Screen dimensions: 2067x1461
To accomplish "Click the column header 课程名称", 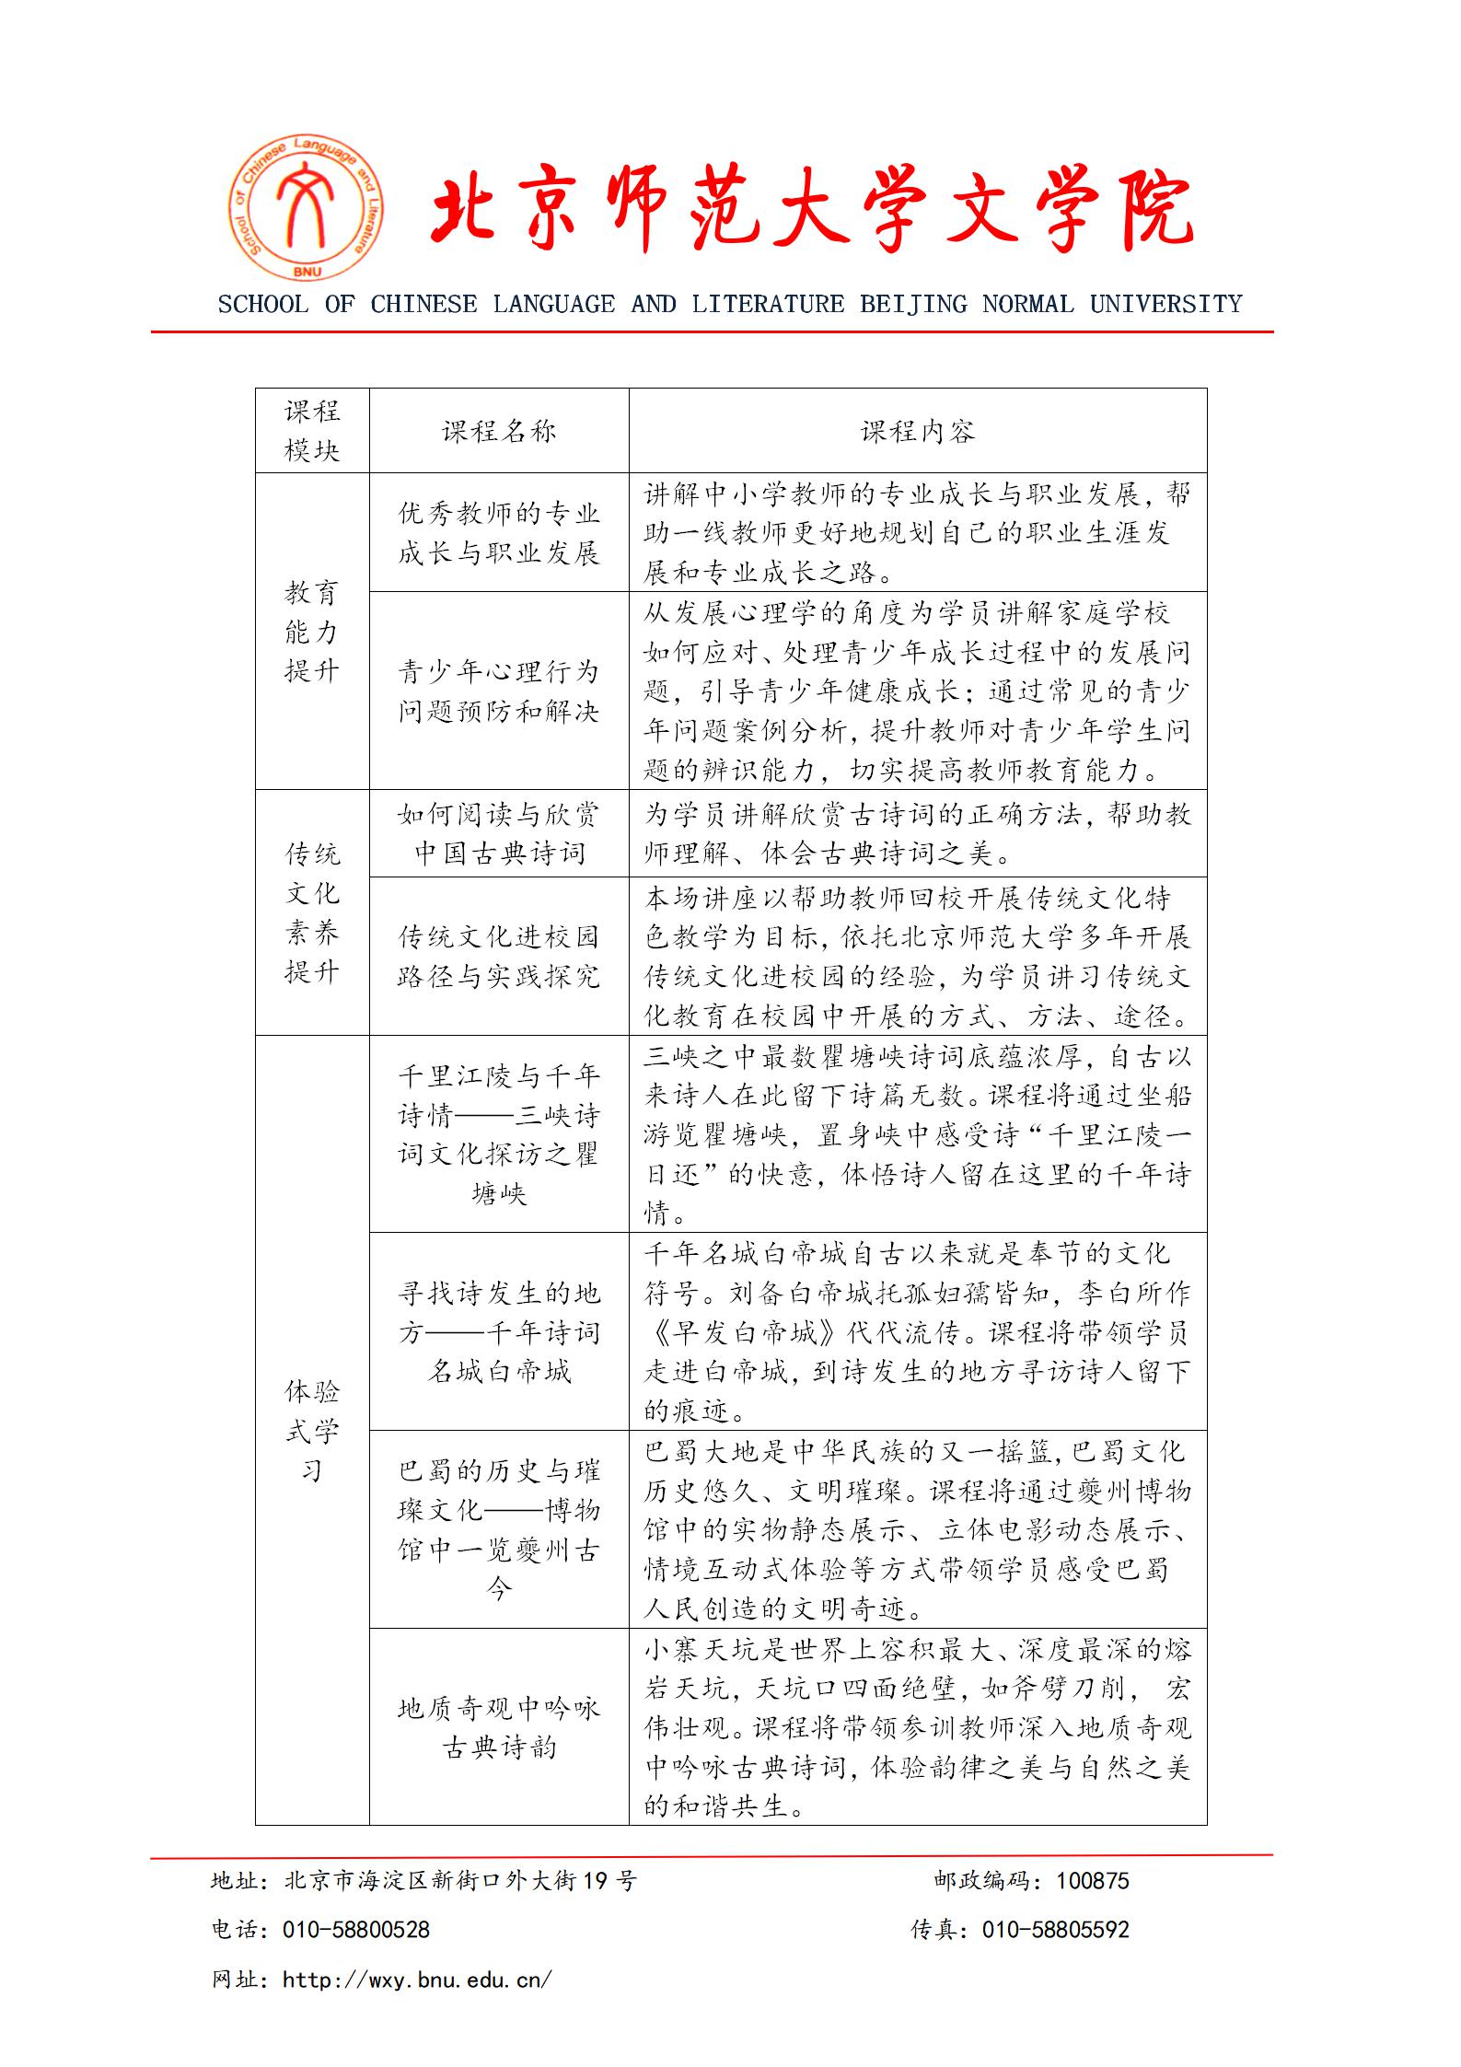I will pos(499,431).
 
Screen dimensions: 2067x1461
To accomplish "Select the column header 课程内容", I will pos(917,431).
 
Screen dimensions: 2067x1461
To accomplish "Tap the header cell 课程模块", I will pos(312,431).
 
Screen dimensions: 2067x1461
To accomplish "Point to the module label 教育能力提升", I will pos(312,632).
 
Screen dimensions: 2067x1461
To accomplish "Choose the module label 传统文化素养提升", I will pos(312,912).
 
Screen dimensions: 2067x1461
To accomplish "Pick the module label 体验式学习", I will pos(312,1430).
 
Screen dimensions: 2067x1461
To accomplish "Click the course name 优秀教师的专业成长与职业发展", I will pos(499,533).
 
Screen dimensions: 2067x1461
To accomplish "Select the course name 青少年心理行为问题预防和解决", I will pos(499,691).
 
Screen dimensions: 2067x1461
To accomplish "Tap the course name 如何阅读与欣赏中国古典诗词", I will pos(499,833).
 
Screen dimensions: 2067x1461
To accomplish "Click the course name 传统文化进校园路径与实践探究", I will pos(499,957).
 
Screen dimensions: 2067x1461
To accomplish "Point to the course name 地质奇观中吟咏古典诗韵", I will pos(499,1727).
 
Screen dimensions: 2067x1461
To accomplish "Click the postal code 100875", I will pos(1092,1881).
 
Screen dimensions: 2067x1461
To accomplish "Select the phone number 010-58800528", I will pos(356,1930).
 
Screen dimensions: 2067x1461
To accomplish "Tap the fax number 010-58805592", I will pos(1055,1930).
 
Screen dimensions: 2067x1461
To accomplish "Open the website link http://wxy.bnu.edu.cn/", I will pos(417,1980).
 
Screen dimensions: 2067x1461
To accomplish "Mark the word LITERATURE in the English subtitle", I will pos(768,304).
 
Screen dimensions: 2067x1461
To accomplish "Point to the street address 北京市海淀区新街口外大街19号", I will pos(460,1881).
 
